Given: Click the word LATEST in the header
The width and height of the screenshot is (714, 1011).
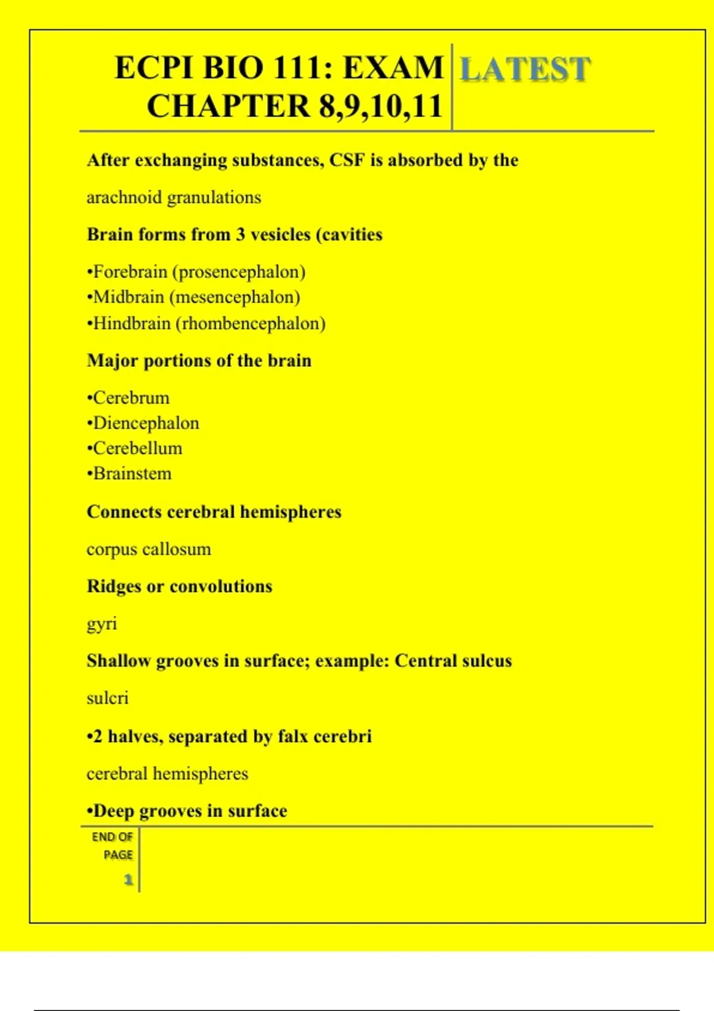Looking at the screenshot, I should [525, 70].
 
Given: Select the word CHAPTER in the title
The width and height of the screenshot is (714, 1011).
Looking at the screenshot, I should [228, 107].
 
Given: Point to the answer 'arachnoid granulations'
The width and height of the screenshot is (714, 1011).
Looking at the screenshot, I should [174, 197].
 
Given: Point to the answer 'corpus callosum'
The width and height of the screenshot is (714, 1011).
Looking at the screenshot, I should [149, 549].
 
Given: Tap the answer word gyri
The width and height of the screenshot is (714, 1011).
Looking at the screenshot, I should [102, 624].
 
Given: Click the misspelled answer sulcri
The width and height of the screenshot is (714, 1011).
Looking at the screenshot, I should [108, 698].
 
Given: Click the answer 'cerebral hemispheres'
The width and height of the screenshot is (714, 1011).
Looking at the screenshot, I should [167, 774].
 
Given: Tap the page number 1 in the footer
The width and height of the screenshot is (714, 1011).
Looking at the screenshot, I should [128, 880].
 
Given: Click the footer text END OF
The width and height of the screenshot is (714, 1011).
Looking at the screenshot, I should [112, 837].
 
